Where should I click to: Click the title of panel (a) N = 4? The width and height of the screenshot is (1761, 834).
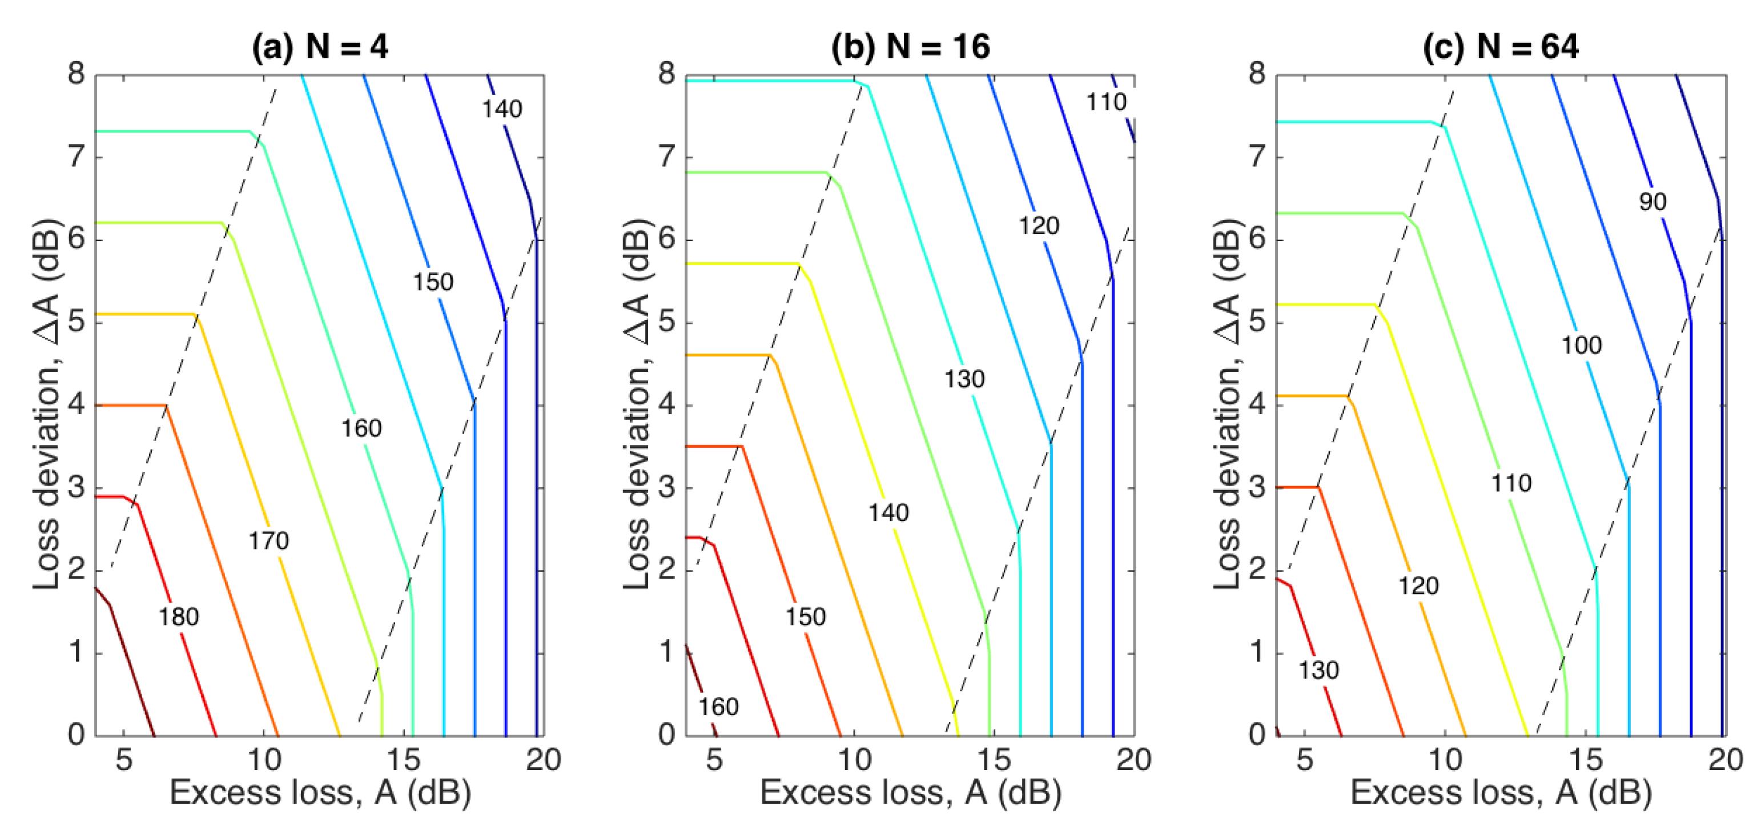pyautogui.click(x=319, y=46)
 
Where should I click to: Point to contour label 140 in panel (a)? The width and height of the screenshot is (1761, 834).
pyautogui.click(x=502, y=109)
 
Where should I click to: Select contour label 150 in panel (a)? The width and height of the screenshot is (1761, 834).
pyautogui.click(x=433, y=282)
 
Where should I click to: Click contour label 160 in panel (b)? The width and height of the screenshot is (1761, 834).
pyautogui.click(x=718, y=706)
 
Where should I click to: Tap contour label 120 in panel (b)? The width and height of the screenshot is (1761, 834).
pyautogui.click(x=1039, y=226)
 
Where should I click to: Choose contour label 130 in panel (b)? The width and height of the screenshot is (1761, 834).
pyautogui.click(x=964, y=379)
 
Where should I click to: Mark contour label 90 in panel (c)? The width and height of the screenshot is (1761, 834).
pyautogui.click(x=1653, y=201)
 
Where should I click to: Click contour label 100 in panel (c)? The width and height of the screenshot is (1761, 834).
pyautogui.click(x=1581, y=344)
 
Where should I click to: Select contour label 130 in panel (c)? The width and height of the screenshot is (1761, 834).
pyautogui.click(x=1318, y=670)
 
